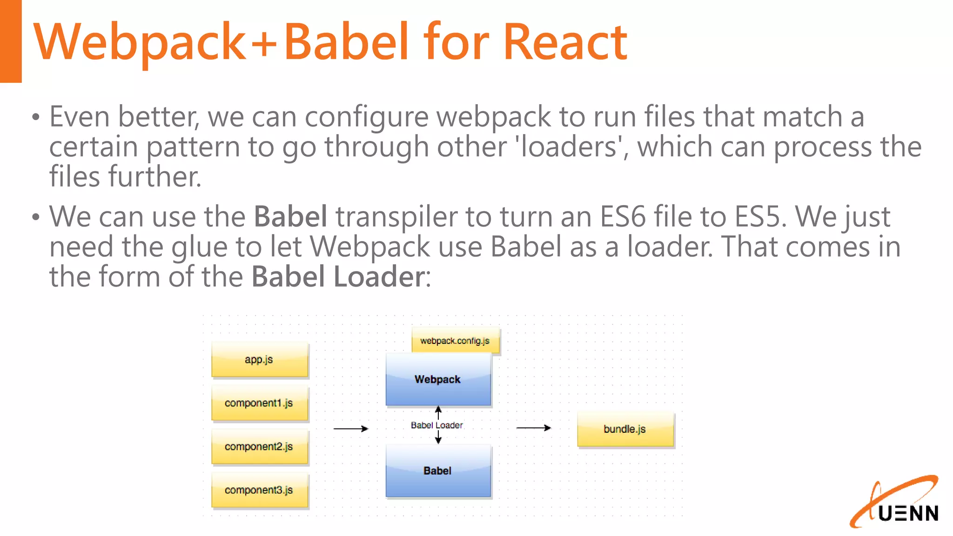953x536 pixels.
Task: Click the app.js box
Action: click(x=260, y=360)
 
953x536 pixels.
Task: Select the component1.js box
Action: click(x=260, y=403)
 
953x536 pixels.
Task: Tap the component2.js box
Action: click(x=260, y=447)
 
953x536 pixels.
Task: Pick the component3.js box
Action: click(x=260, y=490)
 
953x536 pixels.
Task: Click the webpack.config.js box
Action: click(x=455, y=341)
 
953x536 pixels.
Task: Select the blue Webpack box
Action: click(x=438, y=380)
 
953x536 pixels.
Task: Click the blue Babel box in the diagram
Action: click(x=438, y=471)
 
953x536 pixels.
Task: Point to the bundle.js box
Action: click(x=625, y=429)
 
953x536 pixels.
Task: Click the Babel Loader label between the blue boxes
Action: click(x=437, y=425)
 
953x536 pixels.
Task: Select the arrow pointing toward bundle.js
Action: click(x=534, y=428)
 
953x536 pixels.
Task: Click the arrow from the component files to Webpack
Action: click(x=351, y=429)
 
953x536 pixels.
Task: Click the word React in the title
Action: click(x=565, y=42)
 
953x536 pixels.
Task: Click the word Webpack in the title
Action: click(x=140, y=42)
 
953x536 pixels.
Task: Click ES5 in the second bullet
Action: click(x=757, y=217)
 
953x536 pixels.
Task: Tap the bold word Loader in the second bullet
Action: click(x=378, y=277)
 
